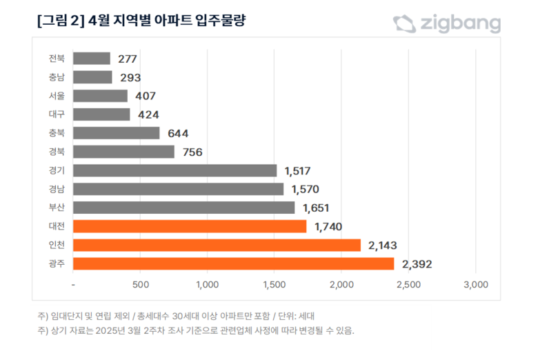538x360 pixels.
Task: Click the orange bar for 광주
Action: pos(233,263)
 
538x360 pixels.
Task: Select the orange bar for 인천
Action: pos(217,245)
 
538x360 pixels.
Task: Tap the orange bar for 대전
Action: pos(189,226)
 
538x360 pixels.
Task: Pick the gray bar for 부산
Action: pos(183,208)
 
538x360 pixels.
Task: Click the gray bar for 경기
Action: pos(175,170)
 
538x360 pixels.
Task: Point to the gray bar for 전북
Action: pos(91,59)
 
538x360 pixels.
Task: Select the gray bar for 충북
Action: pos(116,133)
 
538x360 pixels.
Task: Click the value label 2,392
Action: pos(417,263)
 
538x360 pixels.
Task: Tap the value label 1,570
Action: pos(306,189)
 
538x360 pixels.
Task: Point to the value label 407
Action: pos(146,96)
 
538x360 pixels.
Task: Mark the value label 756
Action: pos(192,152)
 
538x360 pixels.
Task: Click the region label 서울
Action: pos(57,96)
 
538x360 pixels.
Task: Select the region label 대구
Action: pos(57,114)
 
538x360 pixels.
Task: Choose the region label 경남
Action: pos(57,189)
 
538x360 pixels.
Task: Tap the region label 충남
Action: pos(57,77)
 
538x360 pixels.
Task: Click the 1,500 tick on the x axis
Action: pos(274,284)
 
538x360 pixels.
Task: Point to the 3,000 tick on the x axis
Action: pos(475,284)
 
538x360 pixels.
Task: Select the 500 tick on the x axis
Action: pos(140,284)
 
